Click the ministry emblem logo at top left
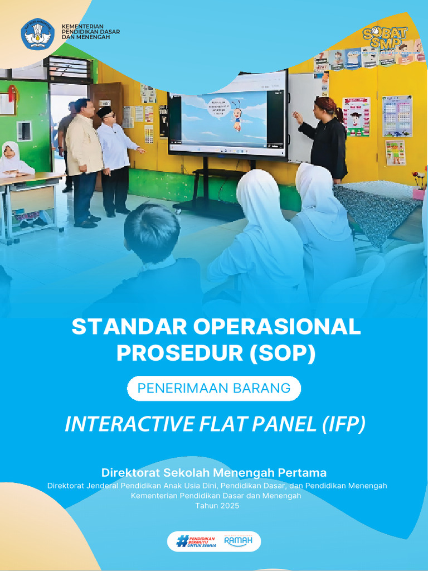click(37, 35)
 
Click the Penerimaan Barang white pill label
click(214, 388)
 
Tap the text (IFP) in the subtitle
click(343, 424)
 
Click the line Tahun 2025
click(217, 506)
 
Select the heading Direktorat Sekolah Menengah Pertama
click(214, 473)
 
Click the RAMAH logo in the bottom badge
click(238, 541)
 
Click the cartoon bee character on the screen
click(237, 116)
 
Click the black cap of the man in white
click(104, 111)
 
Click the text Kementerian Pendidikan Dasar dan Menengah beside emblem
click(90, 31)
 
